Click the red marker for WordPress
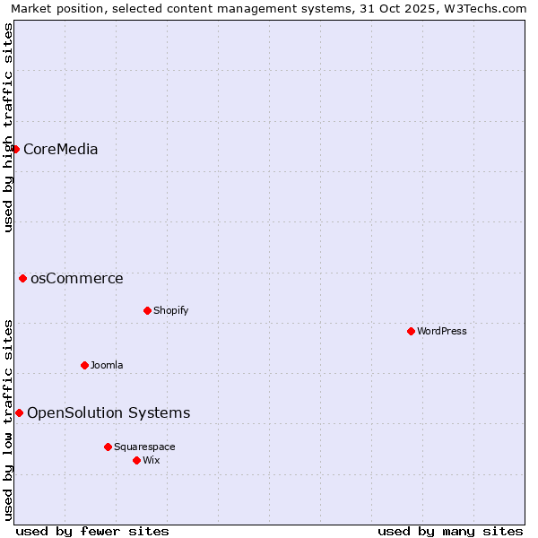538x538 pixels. pyautogui.click(x=411, y=331)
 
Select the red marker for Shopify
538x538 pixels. pyautogui.click(x=147, y=310)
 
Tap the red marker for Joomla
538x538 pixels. pyautogui.click(x=84, y=365)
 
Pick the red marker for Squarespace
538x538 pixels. pyautogui.click(x=108, y=447)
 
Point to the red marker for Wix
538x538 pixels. pyautogui.click(x=136, y=460)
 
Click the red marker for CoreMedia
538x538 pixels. pyautogui.click(x=15, y=149)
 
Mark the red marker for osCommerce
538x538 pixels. pyautogui.click(x=22, y=278)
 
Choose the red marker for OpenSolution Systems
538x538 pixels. pyautogui.click(x=19, y=412)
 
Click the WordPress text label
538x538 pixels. pyautogui.click(x=442, y=331)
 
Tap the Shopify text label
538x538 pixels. pyautogui.click(x=170, y=310)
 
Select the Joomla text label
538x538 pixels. pyautogui.click(x=107, y=365)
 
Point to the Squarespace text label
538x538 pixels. pyautogui.click(x=144, y=447)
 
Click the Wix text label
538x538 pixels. pyautogui.click(x=151, y=460)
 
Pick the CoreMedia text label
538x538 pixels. pyautogui.click(x=60, y=149)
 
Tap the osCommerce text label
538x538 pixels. pyautogui.click(x=76, y=278)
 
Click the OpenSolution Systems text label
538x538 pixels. pyautogui.click(x=108, y=412)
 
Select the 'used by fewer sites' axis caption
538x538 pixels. pyautogui.click(x=92, y=531)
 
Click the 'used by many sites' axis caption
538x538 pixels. pyautogui.click(x=450, y=531)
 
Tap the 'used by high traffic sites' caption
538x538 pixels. pyautogui.click(x=8, y=127)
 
